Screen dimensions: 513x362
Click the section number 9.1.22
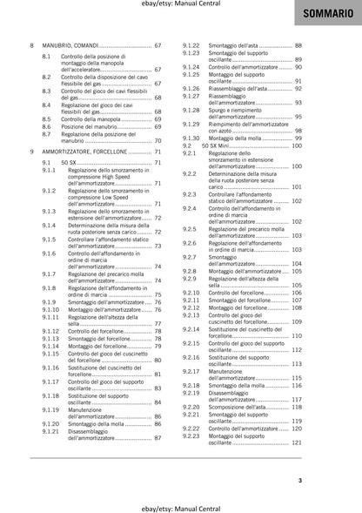pyautogui.click(x=191, y=44)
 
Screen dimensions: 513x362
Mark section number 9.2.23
pyautogui.click(x=191, y=435)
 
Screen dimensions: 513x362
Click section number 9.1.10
pyautogui.click(x=50, y=309)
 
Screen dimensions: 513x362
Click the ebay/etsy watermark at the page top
pyautogui.click(x=181, y=4)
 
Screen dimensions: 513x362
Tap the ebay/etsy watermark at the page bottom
pyautogui.click(x=181, y=506)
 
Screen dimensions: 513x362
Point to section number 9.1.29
pyautogui.click(x=191, y=123)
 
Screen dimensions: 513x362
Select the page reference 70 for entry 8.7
pyautogui.click(x=158, y=141)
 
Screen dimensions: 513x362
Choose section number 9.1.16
pyautogui.click(x=50, y=368)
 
